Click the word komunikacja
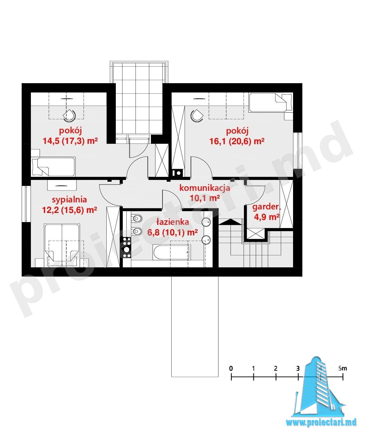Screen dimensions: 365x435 click(x=205, y=188)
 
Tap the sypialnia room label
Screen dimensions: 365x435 click(x=69, y=200)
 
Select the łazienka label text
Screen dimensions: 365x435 click(x=173, y=222)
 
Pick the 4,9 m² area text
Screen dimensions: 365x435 click(x=267, y=217)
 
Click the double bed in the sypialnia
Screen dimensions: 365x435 click(x=62, y=245)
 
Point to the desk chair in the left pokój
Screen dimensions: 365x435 click(x=69, y=116)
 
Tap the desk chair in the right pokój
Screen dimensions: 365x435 click(x=197, y=116)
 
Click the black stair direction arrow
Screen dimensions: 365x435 click(x=230, y=222)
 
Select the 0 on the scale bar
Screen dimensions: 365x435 click(x=231, y=369)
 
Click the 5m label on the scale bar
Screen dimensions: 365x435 click(x=343, y=368)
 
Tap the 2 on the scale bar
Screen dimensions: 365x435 click(x=276, y=369)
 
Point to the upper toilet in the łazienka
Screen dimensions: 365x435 click(x=137, y=219)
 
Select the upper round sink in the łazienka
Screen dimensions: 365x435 click(x=207, y=222)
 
